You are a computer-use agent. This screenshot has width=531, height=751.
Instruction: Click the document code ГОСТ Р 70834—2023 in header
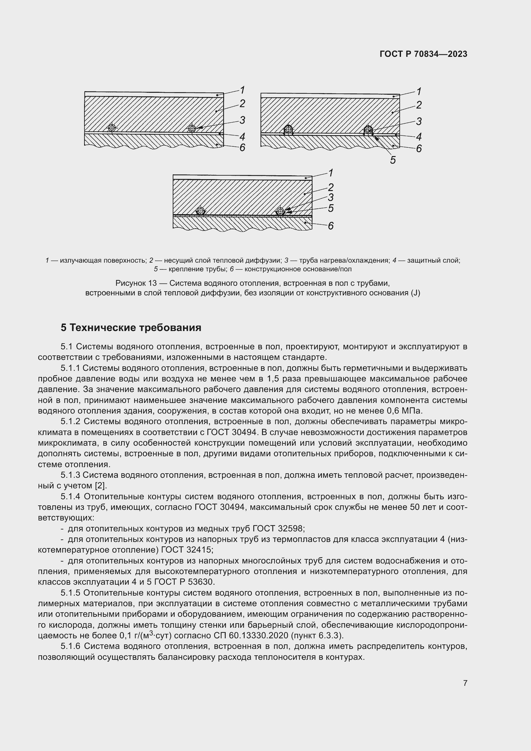coord(423,54)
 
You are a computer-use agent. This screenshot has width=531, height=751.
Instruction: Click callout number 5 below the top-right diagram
coord(393,160)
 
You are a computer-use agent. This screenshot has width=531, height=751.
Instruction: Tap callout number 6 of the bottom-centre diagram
coord(331,226)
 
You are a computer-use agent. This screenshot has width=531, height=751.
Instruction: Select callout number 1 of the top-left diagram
coord(242,90)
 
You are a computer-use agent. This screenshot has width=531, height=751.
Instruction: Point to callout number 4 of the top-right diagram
coord(419,137)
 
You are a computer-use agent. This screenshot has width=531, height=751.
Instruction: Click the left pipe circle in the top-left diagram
coord(112,128)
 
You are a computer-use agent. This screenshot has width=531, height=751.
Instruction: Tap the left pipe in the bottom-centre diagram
coord(200,211)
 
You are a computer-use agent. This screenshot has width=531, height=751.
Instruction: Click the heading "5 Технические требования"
coord(131,327)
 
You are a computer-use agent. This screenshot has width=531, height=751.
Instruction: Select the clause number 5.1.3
coord(70,475)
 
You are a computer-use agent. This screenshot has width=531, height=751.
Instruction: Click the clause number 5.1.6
coord(70,646)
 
